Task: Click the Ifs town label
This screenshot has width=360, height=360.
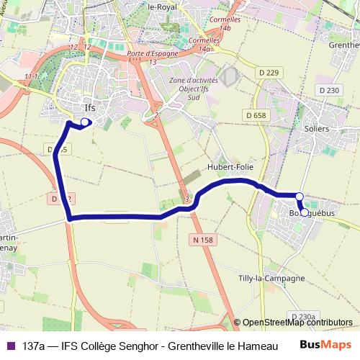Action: (89, 108)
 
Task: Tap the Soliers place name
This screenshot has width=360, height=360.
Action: (316, 128)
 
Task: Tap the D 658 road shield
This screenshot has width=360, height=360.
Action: (255, 115)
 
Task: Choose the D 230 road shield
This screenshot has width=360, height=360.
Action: (328, 90)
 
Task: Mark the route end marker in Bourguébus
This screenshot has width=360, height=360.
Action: (304, 212)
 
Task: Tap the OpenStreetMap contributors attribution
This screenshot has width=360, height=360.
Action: (297, 323)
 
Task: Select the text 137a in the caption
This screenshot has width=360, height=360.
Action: (33, 346)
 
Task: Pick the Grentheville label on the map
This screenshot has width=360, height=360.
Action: (344, 45)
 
